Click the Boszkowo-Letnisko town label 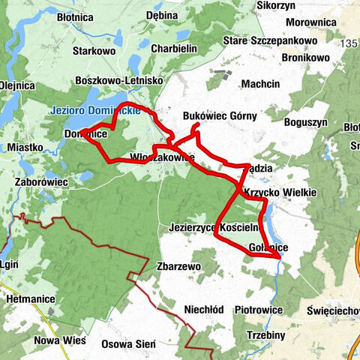point(119,79)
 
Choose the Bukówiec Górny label point(220,116)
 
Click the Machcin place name point(261,83)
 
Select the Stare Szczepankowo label point(281,38)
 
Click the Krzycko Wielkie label point(280,193)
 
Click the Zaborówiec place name point(42,181)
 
